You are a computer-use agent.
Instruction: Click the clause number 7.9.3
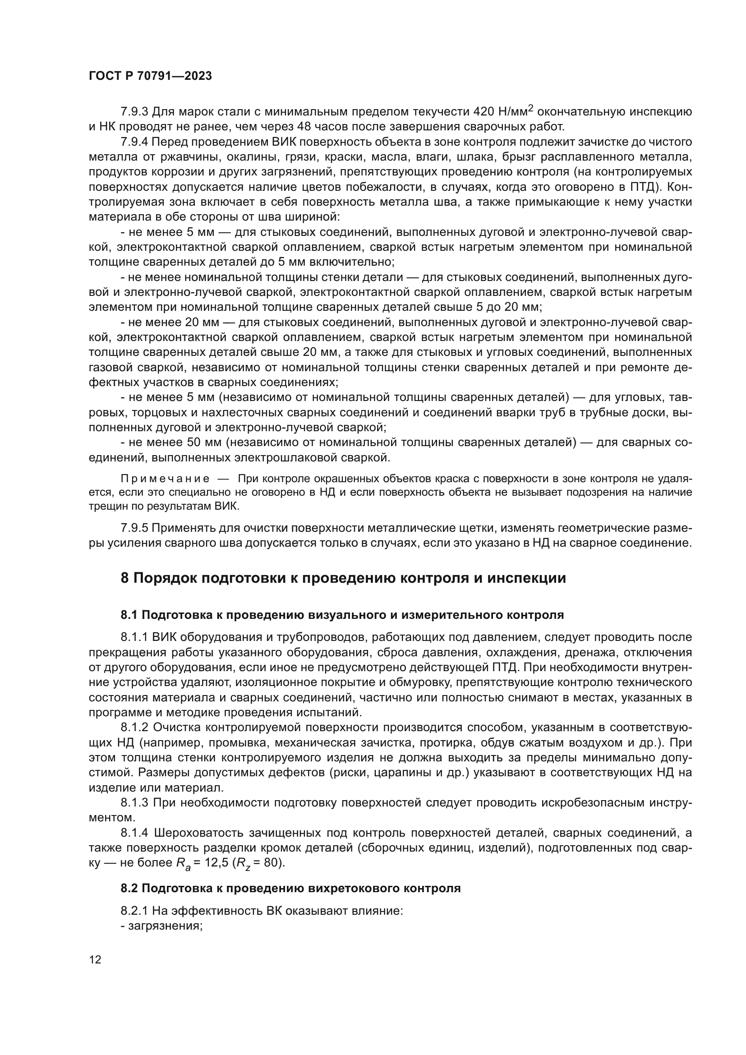click(134, 112)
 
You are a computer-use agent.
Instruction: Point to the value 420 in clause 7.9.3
click(484, 112)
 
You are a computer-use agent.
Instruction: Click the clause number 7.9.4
click(134, 142)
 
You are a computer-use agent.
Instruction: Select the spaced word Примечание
click(165, 479)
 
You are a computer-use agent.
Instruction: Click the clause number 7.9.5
click(134, 528)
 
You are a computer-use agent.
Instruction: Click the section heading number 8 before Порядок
click(124, 578)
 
